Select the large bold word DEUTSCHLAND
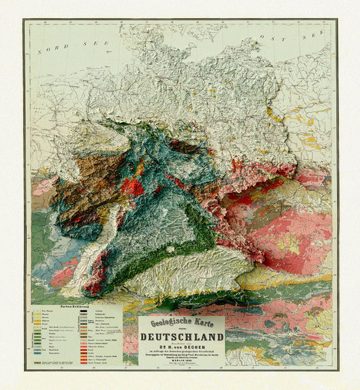(x=181, y=337)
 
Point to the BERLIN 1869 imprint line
(x=181, y=362)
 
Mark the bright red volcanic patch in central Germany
(x=133, y=187)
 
